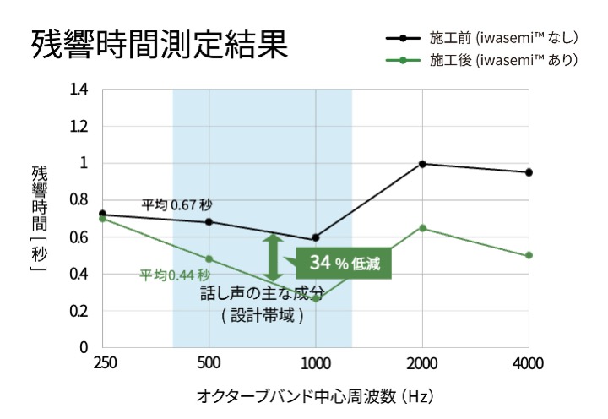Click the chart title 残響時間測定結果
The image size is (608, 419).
(160, 45)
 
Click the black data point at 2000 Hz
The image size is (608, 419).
(422, 164)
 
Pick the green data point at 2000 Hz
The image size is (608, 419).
(422, 228)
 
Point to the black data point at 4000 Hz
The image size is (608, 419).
(529, 172)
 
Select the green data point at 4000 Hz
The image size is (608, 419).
(529, 255)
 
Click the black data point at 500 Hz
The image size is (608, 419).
(209, 222)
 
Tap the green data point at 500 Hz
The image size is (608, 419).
(209, 258)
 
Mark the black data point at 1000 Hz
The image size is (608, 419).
(315, 237)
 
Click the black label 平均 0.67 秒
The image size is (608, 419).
(176, 205)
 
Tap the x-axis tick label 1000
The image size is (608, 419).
(315, 363)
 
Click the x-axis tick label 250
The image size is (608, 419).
(104, 363)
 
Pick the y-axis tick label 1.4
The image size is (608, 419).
(79, 90)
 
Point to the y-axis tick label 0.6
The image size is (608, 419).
(79, 237)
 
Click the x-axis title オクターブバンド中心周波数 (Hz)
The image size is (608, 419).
(315, 395)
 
